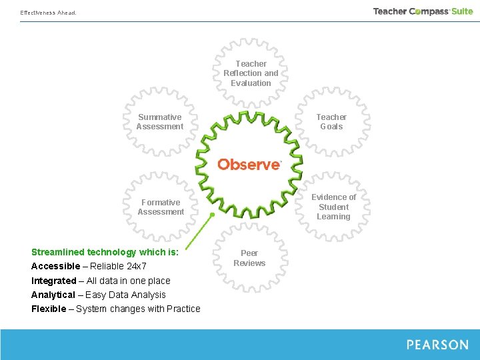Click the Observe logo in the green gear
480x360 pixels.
249,164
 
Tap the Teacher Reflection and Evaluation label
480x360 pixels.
251,73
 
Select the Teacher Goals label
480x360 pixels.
331,122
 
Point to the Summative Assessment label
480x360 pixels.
160,122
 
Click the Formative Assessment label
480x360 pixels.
161,207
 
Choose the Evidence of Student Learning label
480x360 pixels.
333,207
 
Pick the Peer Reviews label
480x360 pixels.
249,258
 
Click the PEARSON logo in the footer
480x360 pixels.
437,345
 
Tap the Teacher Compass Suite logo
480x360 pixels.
423,11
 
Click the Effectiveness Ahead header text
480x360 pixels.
48,13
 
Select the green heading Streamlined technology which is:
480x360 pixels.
105,252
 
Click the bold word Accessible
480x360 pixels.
55,267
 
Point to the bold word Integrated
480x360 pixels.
53,281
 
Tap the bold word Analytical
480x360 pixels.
53,295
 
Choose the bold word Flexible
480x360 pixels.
49,309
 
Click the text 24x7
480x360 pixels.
137,267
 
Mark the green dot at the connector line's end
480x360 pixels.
212,215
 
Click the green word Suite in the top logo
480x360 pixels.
462,11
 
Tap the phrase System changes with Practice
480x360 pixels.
138,309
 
